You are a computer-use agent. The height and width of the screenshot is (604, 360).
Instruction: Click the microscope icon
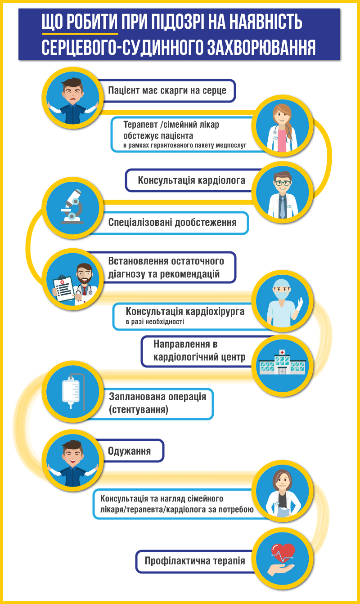click(x=72, y=207)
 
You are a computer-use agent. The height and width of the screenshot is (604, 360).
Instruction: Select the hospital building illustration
click(x=282, y=362)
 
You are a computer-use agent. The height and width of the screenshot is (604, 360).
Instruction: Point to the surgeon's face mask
click(x=282, y=294)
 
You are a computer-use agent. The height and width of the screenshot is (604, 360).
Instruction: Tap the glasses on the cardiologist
click(x=282, y=183)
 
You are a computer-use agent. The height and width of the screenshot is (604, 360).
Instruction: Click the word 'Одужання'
click(x=129, y=451)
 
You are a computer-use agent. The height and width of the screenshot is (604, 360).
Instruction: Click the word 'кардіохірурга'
click(x=215, y=311)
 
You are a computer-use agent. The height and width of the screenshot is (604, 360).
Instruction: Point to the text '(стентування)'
click(x=139, y=410)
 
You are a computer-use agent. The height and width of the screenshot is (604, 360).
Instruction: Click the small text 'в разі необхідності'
click(x=155, y=322)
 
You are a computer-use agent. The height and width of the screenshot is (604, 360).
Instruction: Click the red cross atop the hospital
click(x=282, y=352)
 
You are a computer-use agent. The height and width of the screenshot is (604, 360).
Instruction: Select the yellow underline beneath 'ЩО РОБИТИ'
click(x=80, y=34)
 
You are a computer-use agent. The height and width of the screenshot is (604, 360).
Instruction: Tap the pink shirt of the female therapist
click(x=282, y=140)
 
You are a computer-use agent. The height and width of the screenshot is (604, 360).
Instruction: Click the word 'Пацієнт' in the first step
click(x=124, y=90)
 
